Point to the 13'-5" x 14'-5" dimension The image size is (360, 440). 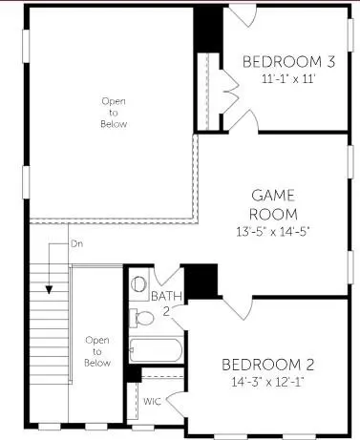coord(272,230)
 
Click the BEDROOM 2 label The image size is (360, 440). coord(268,365)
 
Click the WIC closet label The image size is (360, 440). coord(153,402)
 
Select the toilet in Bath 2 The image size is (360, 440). coord(140,284)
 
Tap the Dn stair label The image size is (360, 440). coord(77,245)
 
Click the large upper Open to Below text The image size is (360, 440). coord(114,113)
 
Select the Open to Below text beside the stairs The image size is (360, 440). coord(97,350)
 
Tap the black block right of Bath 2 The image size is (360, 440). coord(200,280)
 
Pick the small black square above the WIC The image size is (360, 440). coord(134,375)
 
